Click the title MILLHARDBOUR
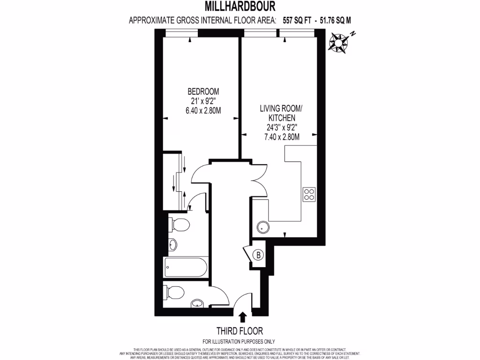pyautogui.click(x=240, y=7)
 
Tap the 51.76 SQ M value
pyautogui.click(x=335, y=21)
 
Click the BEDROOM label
pyautogui.click(x=203, y=91)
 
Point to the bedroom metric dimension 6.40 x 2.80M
pyautogui.click(x=203, y=110)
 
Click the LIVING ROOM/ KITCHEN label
pyautogui.click(x=281, y=113)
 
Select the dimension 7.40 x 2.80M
pyautogui.click(x=281, y=136)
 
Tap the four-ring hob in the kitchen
pyautogui.click(x=309, y=194)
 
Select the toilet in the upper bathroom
pyautogui.click(x=178, y=225)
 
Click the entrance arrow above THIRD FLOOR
pyautogui.click(x=243, y=317)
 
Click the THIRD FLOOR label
pyautogui.click(x=240, y=331)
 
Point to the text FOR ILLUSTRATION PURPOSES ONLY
pyautogui.click(x=239, y=342)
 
